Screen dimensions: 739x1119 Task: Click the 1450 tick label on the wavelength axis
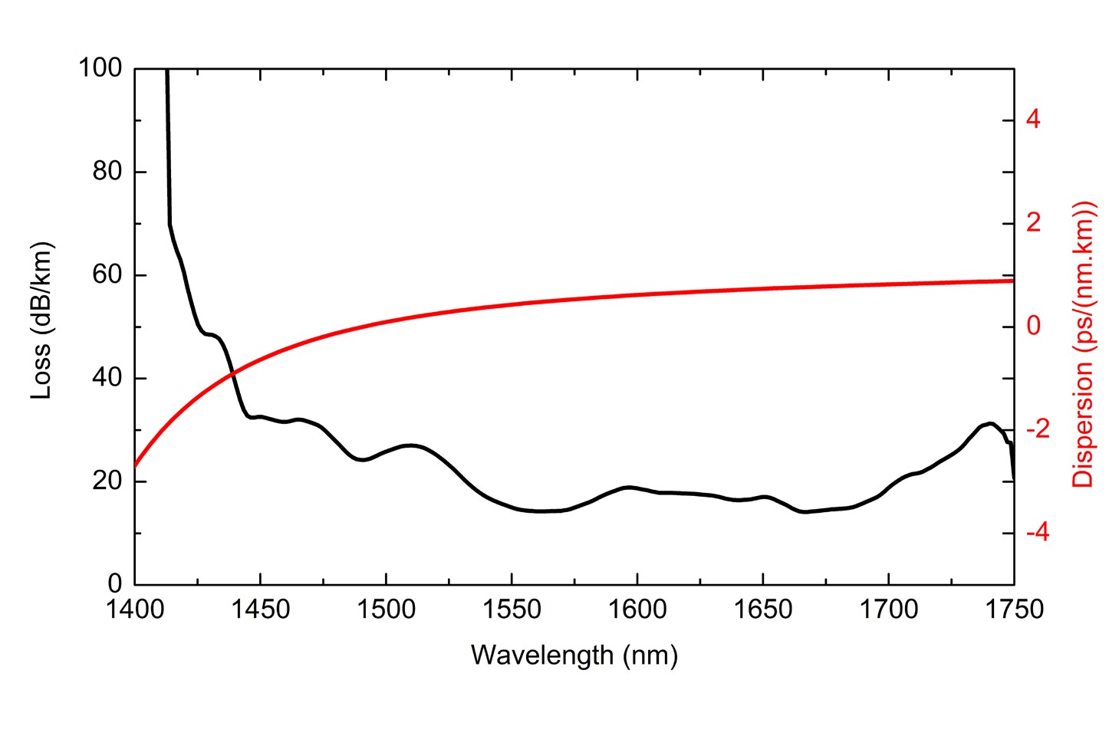261,610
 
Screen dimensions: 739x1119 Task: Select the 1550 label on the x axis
512,610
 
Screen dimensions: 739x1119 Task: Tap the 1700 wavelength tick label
888,610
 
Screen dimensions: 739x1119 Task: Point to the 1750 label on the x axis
1014,610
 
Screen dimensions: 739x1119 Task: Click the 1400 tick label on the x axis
135,610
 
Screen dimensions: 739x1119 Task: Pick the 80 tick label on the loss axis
107,172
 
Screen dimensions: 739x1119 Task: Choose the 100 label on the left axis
100,68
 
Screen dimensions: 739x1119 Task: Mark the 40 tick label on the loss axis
107,378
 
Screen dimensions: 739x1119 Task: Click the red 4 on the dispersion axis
1033,120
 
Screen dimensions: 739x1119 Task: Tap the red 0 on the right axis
1033,326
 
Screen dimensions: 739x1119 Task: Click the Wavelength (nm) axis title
574,655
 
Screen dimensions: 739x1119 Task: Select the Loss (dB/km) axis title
41,320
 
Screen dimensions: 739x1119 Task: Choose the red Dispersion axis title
1082,344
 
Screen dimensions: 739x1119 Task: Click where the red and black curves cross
232,374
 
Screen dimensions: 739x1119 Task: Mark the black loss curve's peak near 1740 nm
990,423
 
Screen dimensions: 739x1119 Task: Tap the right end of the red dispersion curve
1013,281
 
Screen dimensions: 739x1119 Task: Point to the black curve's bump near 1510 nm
412,445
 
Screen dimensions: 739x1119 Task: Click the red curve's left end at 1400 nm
136,465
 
